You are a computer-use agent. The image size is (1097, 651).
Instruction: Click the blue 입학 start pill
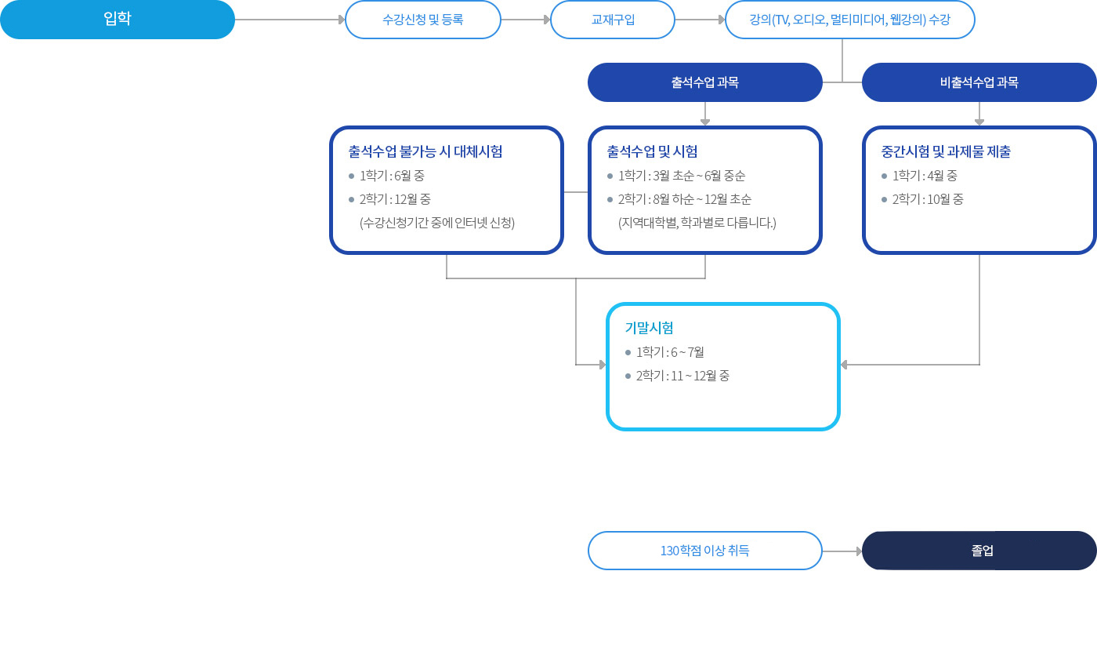[x=118, y=20]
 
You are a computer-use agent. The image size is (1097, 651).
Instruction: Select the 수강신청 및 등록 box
[x=422, y=20]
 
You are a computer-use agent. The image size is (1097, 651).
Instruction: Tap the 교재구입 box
[x=613, y=20]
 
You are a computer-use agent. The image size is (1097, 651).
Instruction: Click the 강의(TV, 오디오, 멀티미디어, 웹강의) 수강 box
[x=849, y=20]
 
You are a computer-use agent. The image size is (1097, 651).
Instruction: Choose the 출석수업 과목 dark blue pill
[x=704, y=82]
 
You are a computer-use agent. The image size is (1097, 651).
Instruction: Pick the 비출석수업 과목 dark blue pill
[x=979, y=82]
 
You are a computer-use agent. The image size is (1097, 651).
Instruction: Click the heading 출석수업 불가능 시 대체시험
[x=425, y=151]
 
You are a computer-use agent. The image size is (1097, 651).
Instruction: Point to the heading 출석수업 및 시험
[x=652, y=151]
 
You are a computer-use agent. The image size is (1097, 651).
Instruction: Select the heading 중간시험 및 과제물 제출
[x=946, y=151]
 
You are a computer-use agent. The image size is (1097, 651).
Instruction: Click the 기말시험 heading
[x=650, y=328]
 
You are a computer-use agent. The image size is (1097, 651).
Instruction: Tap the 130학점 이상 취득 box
[x=704, y=551]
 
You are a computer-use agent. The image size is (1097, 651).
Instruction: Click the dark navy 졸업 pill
[x=979, y=551]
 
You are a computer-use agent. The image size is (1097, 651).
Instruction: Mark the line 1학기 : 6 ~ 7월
[x=670, y=352]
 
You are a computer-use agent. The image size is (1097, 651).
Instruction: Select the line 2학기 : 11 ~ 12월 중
[x=682, y=376]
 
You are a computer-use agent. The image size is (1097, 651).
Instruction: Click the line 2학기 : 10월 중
[x=928, y=199]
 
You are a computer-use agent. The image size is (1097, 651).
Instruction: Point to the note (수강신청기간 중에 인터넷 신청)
[x=437, y=223]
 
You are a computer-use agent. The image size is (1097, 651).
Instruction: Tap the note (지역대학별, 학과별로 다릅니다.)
[x=697, y=223]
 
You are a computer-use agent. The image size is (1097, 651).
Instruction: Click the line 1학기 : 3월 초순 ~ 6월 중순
[x=682, y=176]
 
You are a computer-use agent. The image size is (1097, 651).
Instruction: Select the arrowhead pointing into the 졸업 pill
[x=859, y=551]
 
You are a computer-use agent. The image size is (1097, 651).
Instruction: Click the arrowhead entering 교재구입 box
[x=547, y=20]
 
